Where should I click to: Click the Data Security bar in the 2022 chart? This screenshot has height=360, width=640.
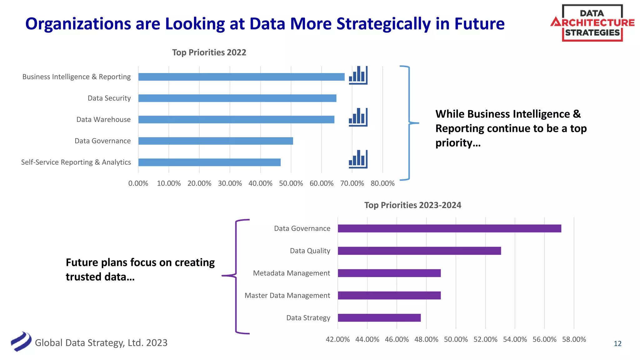pos(237,98)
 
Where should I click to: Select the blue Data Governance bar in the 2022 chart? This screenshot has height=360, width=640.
pos(216,141)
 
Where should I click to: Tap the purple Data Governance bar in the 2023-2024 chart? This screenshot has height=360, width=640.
pos(449,228)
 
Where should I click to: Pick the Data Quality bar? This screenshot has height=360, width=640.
pos(419,251)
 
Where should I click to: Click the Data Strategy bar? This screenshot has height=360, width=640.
pos(379,318)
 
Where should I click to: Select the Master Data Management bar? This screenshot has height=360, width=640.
pos(389,295)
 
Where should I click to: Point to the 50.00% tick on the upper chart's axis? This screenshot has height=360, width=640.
pos(291,183)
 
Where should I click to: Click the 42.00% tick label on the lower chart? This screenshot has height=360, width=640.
pos(337,339)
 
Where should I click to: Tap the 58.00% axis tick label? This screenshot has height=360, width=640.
pos(574,339)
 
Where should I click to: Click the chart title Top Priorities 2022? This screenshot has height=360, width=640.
pos(209,52)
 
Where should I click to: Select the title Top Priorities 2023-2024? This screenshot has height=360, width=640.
pos(412,205)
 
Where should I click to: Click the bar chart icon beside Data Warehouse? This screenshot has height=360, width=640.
pos(358,117)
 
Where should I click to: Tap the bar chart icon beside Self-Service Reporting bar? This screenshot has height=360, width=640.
pos(358,159)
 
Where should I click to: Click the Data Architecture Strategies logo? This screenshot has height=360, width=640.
pos(592,23)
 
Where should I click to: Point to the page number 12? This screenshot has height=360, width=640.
pos(617,344)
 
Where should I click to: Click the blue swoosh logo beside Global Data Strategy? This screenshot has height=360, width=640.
pos(21,342)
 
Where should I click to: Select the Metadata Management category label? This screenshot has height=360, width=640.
pos(291,273)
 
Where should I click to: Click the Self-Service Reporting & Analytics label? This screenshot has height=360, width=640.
pos(76,162)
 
